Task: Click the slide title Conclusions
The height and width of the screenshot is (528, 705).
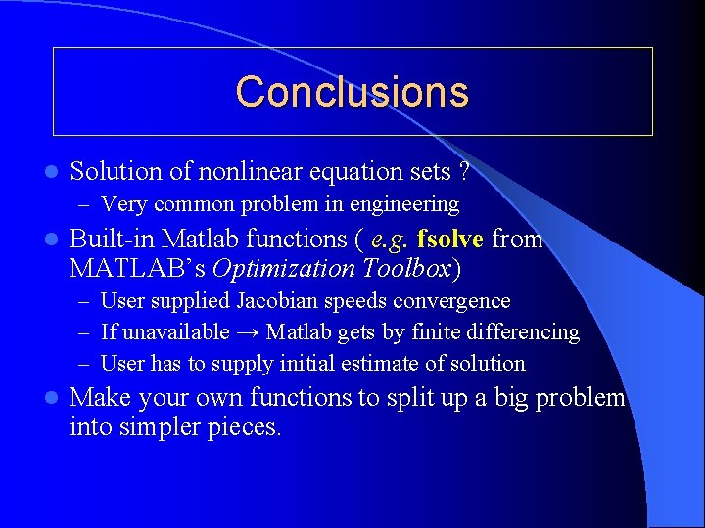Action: point(352,92)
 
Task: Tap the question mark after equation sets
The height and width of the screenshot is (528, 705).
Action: point(461,172)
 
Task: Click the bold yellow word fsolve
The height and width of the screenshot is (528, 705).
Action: point(450,240)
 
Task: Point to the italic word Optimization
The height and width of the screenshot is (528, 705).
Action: point(275,269)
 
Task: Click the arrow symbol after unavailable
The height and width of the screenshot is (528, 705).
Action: point(248,332)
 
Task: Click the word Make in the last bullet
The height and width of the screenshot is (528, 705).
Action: point(99,398)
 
